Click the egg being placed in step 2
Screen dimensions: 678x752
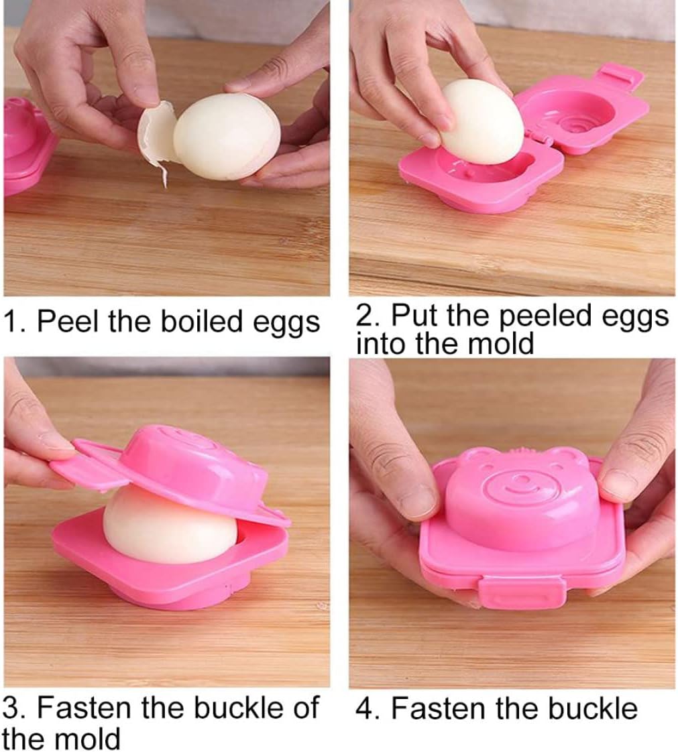(482, 121)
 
